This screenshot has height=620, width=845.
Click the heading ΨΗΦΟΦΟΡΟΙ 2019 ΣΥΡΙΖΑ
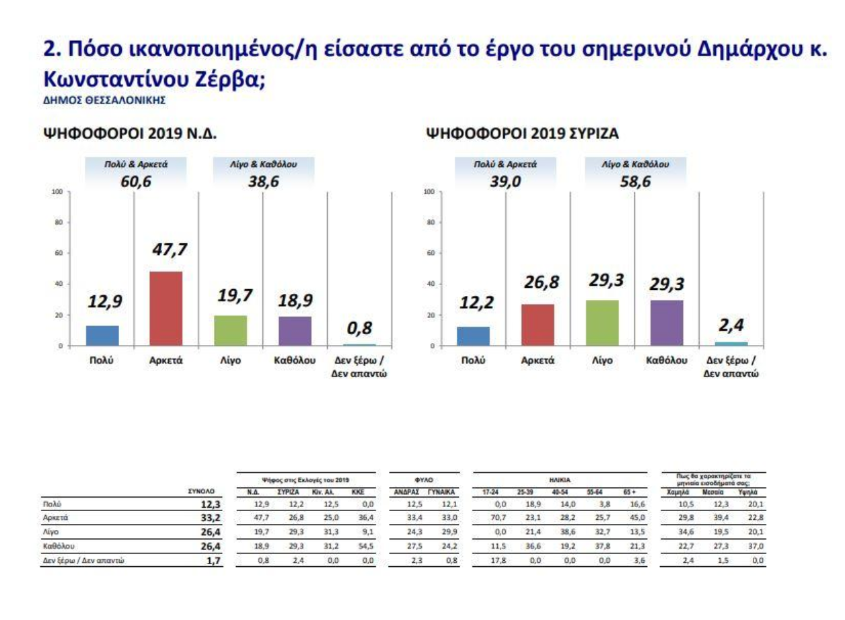pos(523,134)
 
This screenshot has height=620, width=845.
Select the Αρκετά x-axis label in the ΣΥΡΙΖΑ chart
pos(538,360)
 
